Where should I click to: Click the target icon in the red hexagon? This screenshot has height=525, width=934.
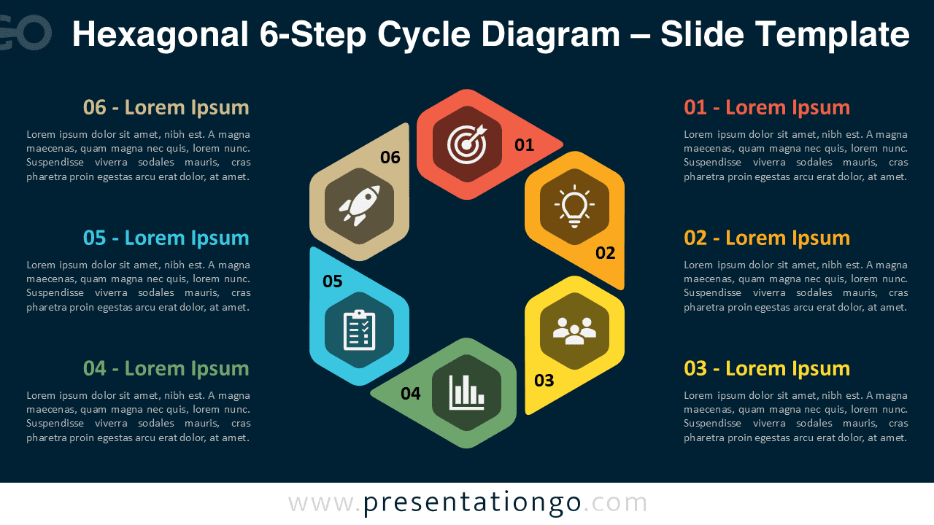(466, 144)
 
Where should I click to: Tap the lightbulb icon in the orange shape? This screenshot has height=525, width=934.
(574, 206)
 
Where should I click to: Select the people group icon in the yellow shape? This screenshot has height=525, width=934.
(574, 331)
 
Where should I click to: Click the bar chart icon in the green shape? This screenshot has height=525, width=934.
(466, 392)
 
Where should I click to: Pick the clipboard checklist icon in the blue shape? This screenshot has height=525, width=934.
(359, 330)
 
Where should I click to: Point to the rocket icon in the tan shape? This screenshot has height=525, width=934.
(359, 205)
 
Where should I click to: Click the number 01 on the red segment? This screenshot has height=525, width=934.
(524, 145)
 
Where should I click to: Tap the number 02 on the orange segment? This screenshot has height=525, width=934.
(605, 253)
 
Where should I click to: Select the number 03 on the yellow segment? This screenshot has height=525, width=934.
(544, 380)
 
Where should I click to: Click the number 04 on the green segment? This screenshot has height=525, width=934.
(410, 394)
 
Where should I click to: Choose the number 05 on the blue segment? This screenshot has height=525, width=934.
(332, 281)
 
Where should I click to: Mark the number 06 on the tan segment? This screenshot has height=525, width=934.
(390, 157)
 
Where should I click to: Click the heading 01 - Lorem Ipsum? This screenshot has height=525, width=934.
(766, 108)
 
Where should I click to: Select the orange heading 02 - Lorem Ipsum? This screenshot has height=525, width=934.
(766, 238)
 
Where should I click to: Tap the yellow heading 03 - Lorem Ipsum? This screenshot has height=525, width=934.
(766, 368)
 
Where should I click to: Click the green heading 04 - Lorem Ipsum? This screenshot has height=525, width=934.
(166, 368)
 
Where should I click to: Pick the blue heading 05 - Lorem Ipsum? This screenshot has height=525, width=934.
(166, 238)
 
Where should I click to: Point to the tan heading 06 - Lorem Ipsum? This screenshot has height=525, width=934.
(166, 108)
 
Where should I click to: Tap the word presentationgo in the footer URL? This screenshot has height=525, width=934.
(472, 502)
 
